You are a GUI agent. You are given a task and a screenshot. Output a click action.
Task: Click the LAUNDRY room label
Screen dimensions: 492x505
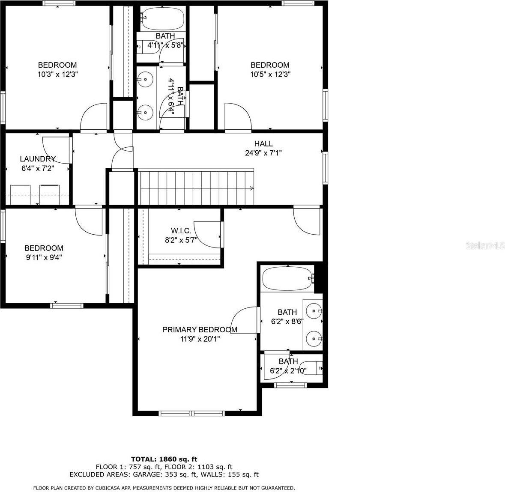pyautogui.click(x=38, y=159)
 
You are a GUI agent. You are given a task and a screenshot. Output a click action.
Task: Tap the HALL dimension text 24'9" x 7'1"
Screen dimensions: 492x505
pyautogui.click(x=263, y=152)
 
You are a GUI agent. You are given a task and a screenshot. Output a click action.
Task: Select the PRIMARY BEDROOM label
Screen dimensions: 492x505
pyautogui.click(x=200, y=329)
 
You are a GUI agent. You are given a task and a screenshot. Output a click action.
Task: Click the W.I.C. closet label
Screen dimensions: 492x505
pyautogui.click(x=181, y=231)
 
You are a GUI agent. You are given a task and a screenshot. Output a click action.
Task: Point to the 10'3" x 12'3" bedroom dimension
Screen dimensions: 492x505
pyautogui.click(x=57, y=74)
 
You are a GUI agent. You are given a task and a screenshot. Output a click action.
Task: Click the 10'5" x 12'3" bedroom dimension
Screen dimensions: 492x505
pyautogui.click(x=270, y=74)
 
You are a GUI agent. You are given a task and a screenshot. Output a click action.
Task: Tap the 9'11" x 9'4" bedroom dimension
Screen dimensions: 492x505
pyautogui.click(x=44, y=257)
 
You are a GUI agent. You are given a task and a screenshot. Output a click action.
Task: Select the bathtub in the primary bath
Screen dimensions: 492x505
pyautogui.click(x=287, y=279)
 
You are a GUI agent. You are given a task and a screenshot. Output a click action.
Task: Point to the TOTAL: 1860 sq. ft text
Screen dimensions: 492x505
pyautogui.click(x=164, y=459)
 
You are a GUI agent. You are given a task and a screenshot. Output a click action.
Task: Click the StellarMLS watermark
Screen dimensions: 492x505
pyautogui.click(x=485, y=245)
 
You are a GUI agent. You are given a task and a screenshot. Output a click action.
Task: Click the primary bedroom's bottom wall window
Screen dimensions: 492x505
pyautogui.click(x=191, y=413)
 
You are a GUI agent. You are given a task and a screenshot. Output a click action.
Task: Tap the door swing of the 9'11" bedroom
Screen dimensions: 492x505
pyautogui.click(x=88, y=220)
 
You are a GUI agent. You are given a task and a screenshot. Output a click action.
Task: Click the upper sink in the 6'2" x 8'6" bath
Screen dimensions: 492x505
pyautogui.click(x=315, y=310)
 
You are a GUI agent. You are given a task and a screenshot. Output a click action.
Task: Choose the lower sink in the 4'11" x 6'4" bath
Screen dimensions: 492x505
pyautogui.click(x=146, y=113)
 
